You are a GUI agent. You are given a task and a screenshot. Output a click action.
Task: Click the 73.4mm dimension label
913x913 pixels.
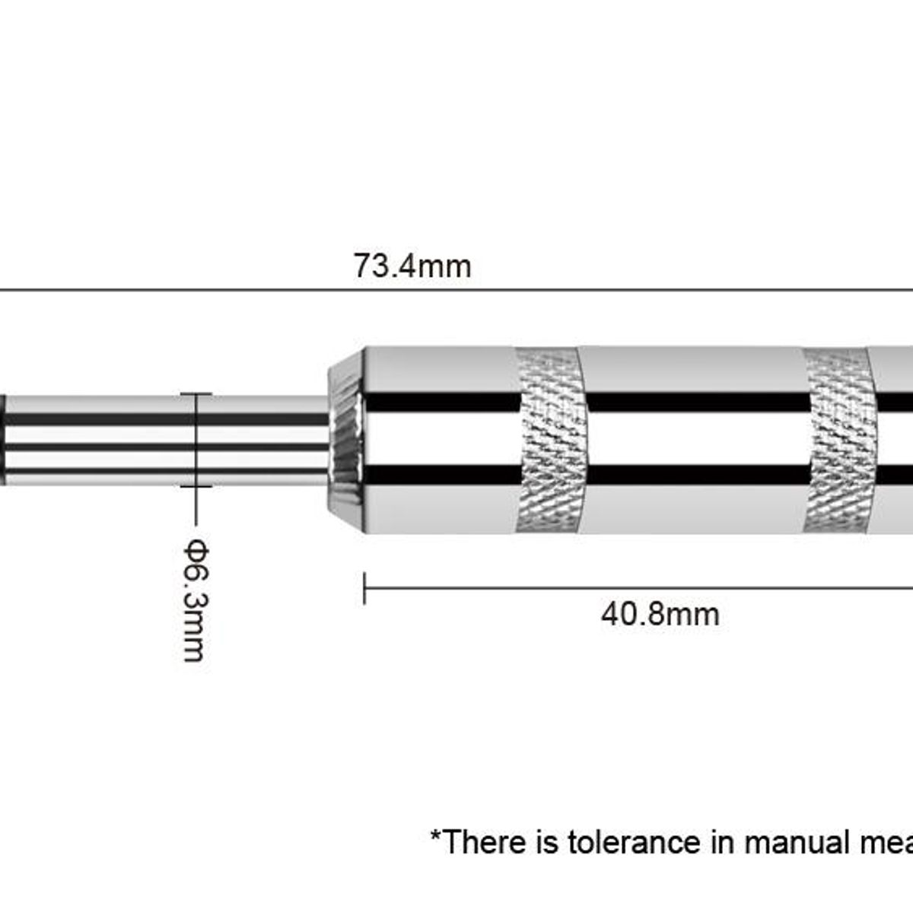click(412, 266)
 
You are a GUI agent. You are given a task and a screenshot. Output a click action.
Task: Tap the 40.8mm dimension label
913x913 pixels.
click(660, 615)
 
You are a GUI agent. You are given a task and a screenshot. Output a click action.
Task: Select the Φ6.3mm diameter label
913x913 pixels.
click(196, 600)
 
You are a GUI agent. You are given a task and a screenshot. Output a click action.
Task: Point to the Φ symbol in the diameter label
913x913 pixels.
click(196, 549)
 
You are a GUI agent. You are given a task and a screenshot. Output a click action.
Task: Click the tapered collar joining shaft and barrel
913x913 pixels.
click(346, 441)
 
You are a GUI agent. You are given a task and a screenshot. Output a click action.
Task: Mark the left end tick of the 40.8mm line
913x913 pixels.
click(364, 588)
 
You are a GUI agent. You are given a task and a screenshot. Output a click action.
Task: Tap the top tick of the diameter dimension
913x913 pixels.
click(196, 393)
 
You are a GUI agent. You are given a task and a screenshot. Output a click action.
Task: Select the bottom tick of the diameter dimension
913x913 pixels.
click(196, 486)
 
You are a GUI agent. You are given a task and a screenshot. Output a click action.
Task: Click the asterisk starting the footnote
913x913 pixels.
click(435, 835)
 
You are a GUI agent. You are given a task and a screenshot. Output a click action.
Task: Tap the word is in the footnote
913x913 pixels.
click(548, 842)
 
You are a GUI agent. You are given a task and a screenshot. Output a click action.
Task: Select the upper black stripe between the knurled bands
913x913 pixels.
click(697, 402)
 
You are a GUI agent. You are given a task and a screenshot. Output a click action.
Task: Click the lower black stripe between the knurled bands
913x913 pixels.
click(697, 475)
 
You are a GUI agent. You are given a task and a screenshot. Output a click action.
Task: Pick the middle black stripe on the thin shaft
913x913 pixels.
click(167, 447)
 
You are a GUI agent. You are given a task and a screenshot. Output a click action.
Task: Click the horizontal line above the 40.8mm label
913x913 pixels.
click(638, 588)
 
